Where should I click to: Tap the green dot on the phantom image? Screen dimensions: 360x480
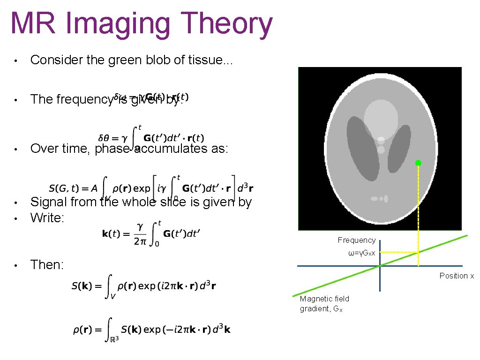[418, 163]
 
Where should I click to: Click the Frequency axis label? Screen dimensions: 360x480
[357, 240]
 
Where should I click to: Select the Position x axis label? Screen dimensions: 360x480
[457, 276]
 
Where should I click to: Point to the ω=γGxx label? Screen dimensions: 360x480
[361, 253]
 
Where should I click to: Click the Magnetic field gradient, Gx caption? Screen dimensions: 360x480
[324, 304]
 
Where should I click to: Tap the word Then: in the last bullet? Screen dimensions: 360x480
[47, 265]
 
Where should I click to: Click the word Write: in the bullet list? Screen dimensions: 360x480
[47, 217]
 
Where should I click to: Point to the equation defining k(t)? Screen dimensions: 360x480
[151, 233]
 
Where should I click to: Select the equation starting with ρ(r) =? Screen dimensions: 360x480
[151, 329]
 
